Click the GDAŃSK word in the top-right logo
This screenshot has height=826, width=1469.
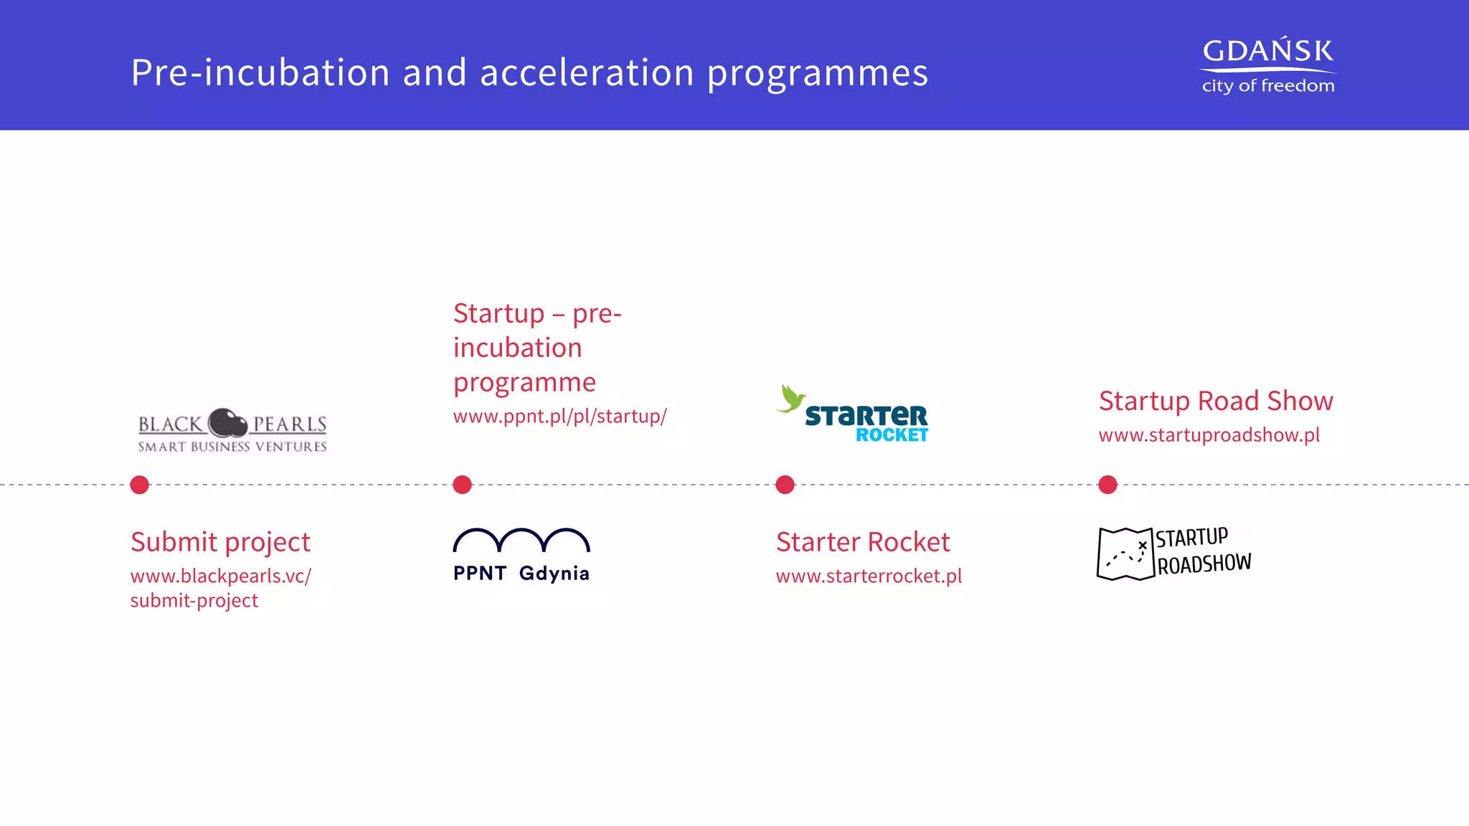[1267, 52]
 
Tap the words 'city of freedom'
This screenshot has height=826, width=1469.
[1267, 86]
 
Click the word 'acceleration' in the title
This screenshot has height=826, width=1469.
[587, 73]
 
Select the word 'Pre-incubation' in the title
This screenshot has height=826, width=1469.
[260, 73]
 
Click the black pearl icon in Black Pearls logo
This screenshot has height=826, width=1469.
[228, 423]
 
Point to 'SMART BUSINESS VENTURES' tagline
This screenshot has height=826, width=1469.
[232, 447]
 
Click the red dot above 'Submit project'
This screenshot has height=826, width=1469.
[140, 485]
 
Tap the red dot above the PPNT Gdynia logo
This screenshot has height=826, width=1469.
[463, 485]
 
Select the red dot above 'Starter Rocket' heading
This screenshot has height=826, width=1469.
[785, 485]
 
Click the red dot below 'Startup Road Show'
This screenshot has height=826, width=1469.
[1108, 485]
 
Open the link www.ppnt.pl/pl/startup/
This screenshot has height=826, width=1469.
[559, 417]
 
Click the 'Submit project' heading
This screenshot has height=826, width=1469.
[220, 542]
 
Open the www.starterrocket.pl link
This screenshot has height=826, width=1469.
[869, 576]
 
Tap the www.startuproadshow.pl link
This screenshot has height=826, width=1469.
[1209, 435]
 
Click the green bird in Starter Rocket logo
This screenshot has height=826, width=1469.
[790, 399]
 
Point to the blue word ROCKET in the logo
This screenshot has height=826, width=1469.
[892, 435]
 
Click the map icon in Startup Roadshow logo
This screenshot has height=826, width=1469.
[1125, 554]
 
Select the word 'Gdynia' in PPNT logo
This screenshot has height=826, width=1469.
[554, 574]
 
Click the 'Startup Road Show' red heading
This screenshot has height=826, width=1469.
[1215, 401]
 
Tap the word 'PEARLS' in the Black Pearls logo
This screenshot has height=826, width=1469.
[289, 424]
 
